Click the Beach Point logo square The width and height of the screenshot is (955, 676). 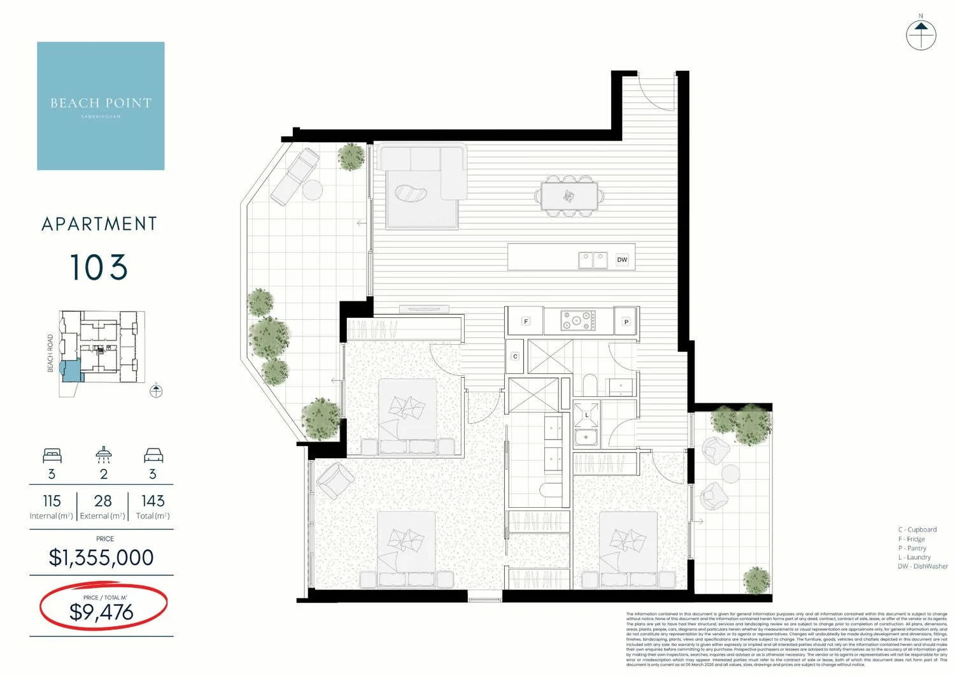click(x=101, y=106)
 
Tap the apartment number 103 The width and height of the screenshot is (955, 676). click(x=99, y=268)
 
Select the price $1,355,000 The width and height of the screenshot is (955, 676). click(x=101, y=557)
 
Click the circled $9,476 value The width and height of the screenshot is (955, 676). click(x=102, y=612)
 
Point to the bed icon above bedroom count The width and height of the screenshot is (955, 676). click(x=52, y=456)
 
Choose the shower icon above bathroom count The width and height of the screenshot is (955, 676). click(x=104, y=455)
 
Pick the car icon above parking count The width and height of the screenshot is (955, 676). click(x=153, y=456)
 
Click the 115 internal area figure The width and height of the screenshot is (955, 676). click(x=52, y=501)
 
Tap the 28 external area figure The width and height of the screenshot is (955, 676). click(x=103, y=501)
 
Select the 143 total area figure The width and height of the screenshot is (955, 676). click(x=153, y=501)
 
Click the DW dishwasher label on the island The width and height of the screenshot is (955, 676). click(x=622, y=259)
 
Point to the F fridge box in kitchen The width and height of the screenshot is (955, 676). click(x=526, y=321)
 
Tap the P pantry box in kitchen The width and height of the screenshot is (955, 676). click(x=626, y=322)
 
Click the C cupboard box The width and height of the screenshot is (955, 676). click(x=515, y=356)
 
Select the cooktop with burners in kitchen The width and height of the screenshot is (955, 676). click(x=578, y=320)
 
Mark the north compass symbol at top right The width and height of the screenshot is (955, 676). click(x=921, y=34)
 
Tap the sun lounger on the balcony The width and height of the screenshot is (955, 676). click(x=295, y=176)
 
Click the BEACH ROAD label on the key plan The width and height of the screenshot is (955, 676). click(x=50, y=354)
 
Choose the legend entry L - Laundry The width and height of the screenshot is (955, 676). click(x=914, y=557)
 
